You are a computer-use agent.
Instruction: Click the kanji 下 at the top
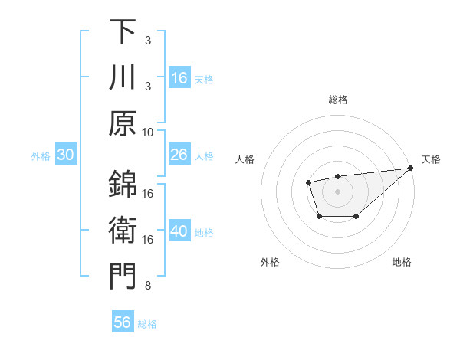(x=123, y=32)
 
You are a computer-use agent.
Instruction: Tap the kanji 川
(x=123, y=79)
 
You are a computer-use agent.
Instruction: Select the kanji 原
(x=123, y=125)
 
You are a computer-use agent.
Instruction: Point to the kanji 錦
(x=123, y=184)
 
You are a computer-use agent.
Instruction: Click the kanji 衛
(x=123, y=230)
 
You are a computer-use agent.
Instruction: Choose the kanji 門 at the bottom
(x=123, y=277)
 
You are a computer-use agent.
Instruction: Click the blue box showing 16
(x=179, y=78)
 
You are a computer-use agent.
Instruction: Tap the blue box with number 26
(x=179, y=155)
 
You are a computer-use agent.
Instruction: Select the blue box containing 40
(x=179, y=231)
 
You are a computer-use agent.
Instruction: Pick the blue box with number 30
(x=66, y=155)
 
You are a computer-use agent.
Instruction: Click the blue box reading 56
(x=123, y=322)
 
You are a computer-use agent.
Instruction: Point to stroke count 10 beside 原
(x=148, y=132)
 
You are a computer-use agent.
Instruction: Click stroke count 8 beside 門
(x=148, y=286)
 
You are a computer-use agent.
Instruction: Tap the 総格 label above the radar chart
(x=338, y=100)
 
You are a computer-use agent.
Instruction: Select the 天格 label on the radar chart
(x=431, y=159)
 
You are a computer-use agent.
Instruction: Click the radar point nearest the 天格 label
(x=411, y=169)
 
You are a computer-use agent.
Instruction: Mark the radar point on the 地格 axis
(x=356, y=218)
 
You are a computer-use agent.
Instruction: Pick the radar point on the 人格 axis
(x=308, y=182)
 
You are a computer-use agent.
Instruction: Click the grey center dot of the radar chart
(x=337, y=190)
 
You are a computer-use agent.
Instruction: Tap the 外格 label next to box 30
(x=40, y=155)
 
